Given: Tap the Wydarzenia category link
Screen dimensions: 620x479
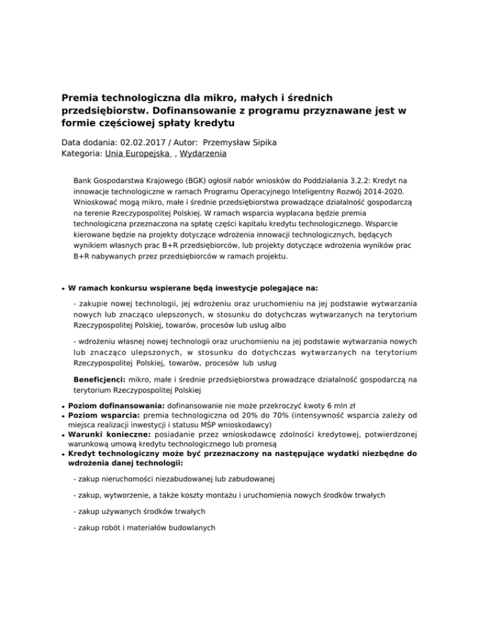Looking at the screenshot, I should (202, 153).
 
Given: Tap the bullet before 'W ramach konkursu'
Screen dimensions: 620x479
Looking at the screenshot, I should (64, 289).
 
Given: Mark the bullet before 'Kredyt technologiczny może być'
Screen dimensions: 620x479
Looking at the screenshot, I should (64, 455).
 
